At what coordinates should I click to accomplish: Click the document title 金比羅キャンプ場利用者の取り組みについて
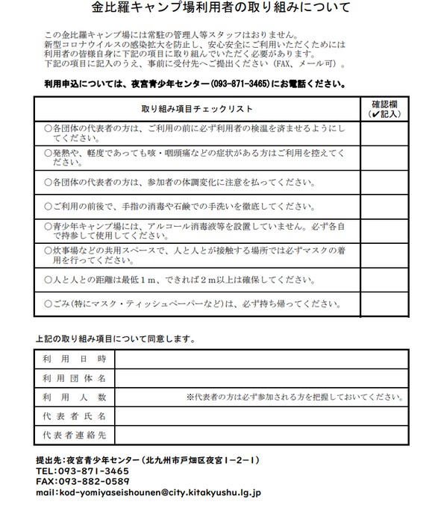coord(222,10)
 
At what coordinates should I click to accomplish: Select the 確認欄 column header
coord(385,109)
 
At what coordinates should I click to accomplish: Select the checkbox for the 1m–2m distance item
coord(385,280)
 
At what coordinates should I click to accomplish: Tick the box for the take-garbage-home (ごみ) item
coord(385,304)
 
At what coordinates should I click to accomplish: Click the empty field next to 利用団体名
coord(260,378)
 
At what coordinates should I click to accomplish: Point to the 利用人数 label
coord(73,397)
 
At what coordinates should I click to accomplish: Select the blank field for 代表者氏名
coord(260,415)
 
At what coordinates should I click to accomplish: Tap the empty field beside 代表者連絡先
coord(260,434)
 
